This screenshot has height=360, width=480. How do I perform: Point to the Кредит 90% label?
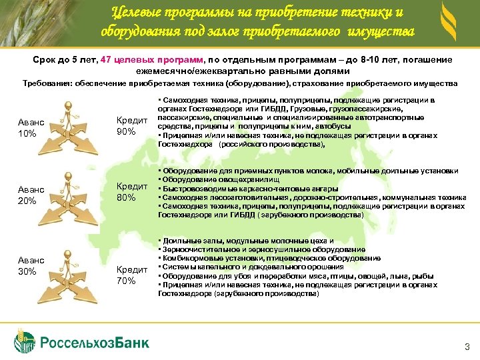tap(131, 126)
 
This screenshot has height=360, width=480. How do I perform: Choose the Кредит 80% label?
tap(131, 192)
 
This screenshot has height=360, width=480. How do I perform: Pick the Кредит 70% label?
tap(131, 275)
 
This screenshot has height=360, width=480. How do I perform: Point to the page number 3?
tap(466, 346)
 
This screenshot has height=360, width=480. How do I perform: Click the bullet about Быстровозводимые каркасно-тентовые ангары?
tap(233, 189)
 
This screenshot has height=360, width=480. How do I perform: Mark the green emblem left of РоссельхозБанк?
tap(24, 341)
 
